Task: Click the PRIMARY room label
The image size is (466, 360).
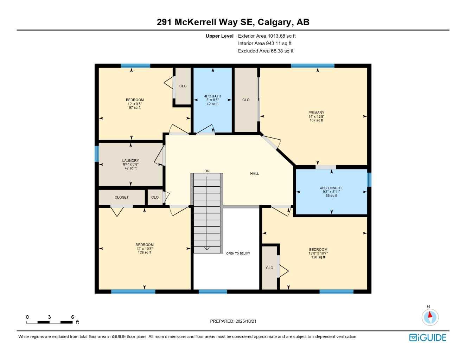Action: pos(316,113)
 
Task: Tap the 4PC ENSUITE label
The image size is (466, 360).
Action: pos(331,188)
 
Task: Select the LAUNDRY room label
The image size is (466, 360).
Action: pos(130,161)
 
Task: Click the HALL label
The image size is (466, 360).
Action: pos(254,174)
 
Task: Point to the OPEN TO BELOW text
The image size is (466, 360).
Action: pos(238,253)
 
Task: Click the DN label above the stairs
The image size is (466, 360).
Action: pos(207,171)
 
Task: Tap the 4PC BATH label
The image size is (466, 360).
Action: pos(212,96)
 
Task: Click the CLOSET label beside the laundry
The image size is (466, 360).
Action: pos(122,198)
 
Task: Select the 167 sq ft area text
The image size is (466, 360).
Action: pos(316,121)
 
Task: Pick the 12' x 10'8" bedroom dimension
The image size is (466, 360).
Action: pos(145,249)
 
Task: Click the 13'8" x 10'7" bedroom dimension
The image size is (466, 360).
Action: pos(318,253)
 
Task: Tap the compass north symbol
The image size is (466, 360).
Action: pos(430,316)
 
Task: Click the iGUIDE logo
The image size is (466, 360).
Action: pos(428,338)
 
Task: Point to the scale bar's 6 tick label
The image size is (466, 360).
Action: pos(72,317)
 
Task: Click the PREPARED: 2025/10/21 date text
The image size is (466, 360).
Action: pos(233,321)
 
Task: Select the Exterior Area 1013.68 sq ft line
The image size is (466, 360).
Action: pos(267,36)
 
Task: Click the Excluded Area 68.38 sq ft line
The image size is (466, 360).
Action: pos(266,51)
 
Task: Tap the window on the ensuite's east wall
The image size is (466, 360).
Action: pos(369,180)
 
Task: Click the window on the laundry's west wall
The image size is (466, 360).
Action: pos(97,154)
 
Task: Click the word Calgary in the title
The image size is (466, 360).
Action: pos(274,22)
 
